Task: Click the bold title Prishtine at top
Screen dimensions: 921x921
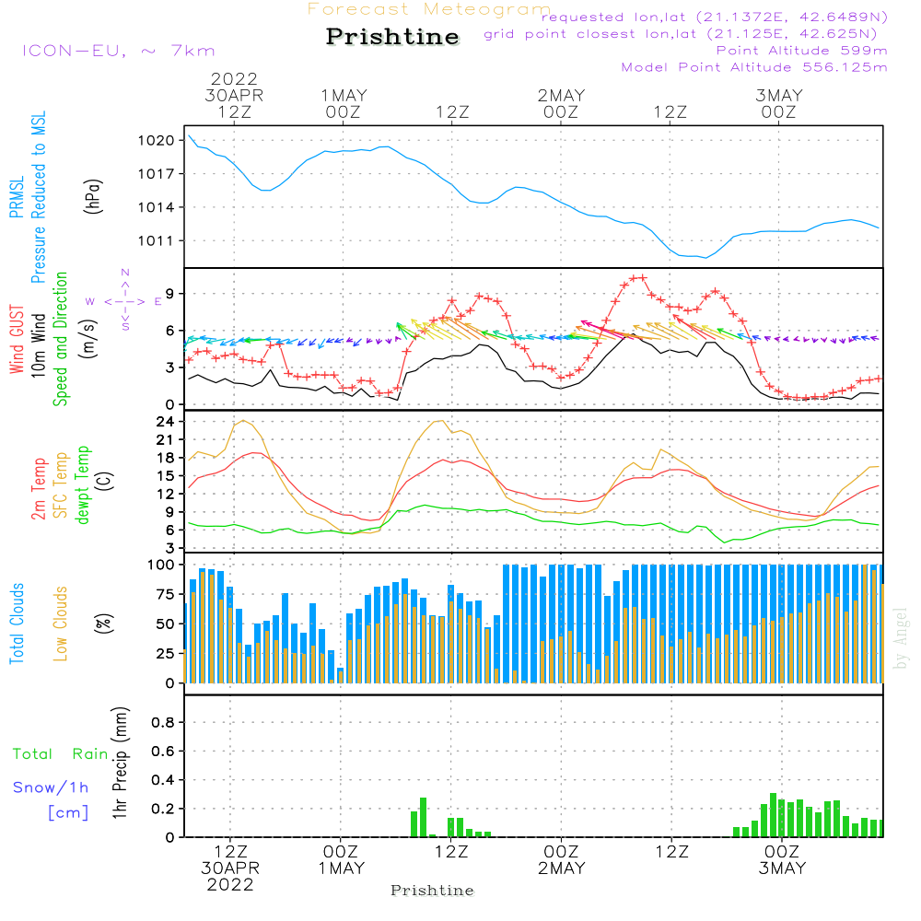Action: [392, 37]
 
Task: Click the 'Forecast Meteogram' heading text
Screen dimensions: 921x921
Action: [429, 9]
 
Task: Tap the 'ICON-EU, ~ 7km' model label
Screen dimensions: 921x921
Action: [118, 51]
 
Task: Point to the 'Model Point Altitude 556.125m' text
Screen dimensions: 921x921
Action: [754, 67]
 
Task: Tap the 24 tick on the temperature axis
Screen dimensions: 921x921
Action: [166, 422]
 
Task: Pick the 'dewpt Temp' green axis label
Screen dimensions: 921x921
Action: [83, 485]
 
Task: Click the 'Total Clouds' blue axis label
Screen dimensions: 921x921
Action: [17, 624]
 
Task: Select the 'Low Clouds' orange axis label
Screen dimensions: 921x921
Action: [61, 624]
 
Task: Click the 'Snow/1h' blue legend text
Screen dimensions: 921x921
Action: [52, 787]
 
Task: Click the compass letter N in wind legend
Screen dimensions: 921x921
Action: [125, 273]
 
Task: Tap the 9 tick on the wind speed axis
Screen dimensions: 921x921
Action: [169, 294]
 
